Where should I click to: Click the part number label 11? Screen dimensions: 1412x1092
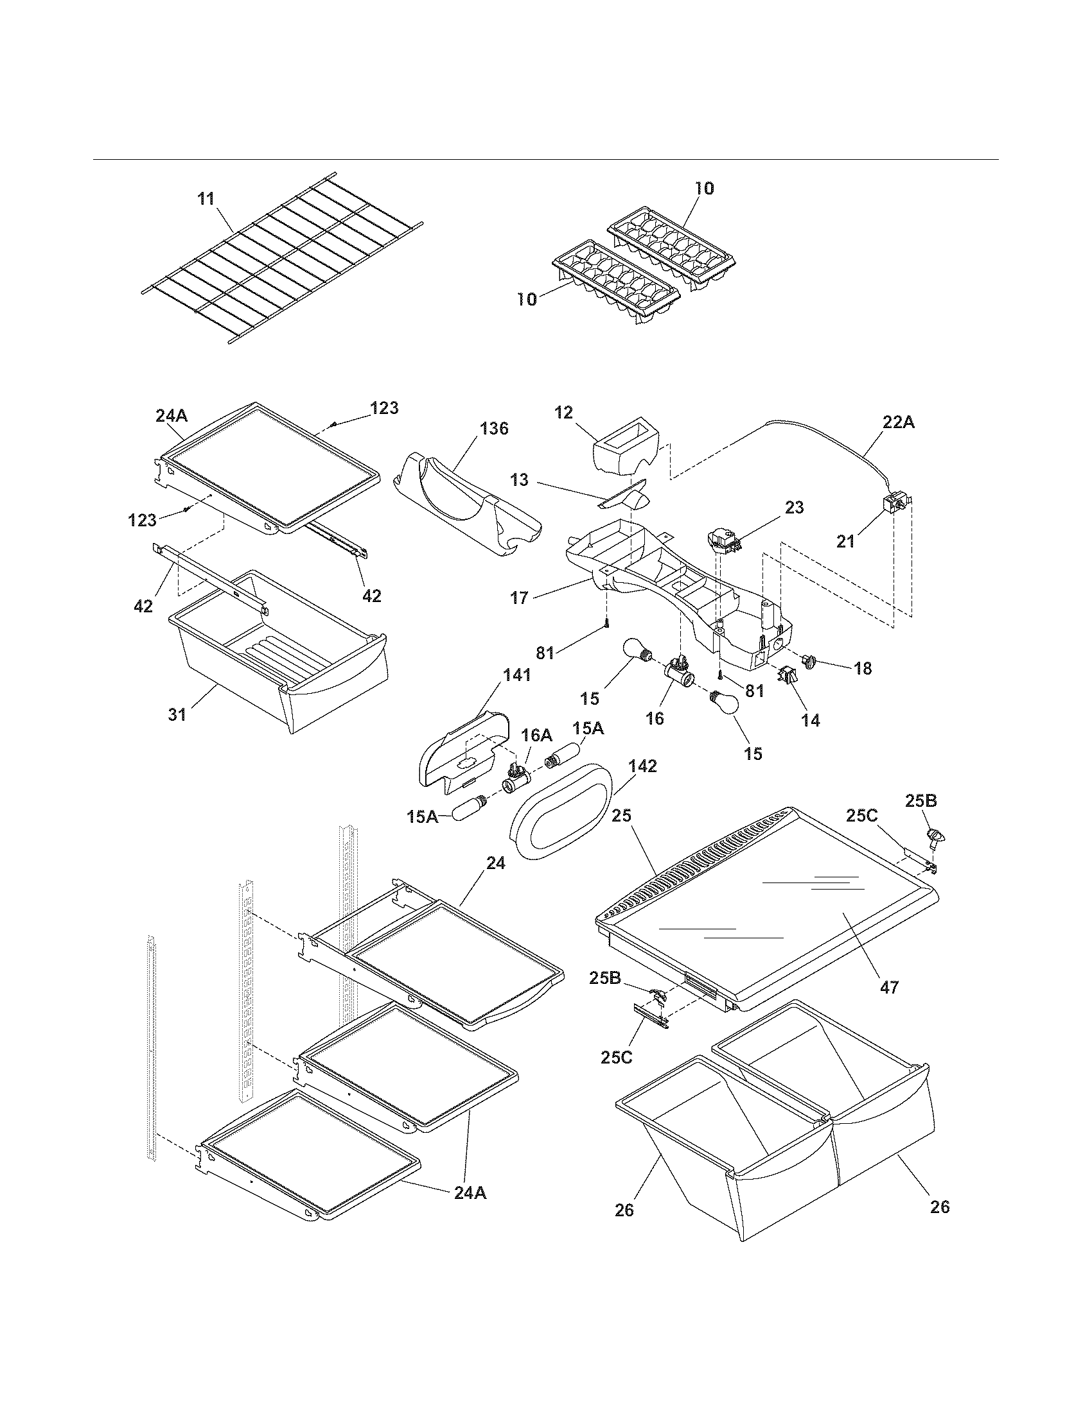coord(206,198)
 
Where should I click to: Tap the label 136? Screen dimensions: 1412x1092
coord(493,428)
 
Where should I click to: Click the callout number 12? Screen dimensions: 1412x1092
coord(563,413)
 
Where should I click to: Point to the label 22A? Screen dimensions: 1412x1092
coord(899,422)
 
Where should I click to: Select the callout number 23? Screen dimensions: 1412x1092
coord(794,508)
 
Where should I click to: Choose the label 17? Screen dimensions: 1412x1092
coord(520,598)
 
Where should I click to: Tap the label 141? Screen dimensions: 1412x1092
coord(517,675)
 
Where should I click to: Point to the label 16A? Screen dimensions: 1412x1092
coord(537,735)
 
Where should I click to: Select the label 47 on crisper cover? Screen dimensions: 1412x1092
coord(890,987)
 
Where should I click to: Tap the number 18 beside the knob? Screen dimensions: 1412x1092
coord(862,668)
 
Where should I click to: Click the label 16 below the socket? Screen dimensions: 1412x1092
coord(655,718)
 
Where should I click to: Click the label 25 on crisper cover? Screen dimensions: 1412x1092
coord(621,816)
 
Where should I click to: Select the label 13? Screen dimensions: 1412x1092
coord(519,479)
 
